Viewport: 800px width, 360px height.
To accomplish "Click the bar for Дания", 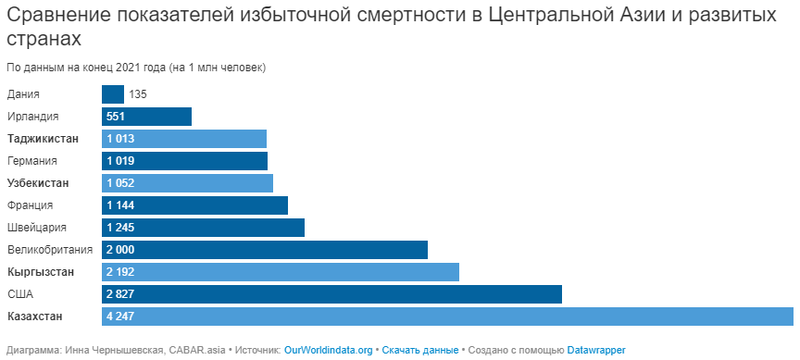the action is [x=113, y=94].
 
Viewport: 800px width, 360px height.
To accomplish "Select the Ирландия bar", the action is [x=146, y=117].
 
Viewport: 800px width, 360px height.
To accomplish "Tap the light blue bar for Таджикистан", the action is [x=184, y=139].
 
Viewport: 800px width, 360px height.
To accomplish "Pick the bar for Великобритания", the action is [x=265, y=250].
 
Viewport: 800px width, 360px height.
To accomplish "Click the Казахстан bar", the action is [x=447, y=317].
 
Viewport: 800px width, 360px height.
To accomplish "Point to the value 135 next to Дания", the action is [x=138, y=94].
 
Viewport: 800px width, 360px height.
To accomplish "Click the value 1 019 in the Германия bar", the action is [x=120, y=161].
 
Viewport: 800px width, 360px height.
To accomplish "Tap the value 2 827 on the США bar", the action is [x=120, y=294].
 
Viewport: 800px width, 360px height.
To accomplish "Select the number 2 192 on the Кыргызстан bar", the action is [x=120, y=272].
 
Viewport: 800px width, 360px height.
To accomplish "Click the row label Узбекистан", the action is [x=38, y=183].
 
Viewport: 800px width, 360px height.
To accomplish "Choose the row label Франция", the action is [x=31, y=205].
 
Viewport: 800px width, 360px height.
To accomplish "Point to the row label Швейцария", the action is [x=37, y=228].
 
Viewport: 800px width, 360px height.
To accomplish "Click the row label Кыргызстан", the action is [x=41, y=272].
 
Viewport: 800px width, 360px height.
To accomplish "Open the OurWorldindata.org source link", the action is [x=328, y=351].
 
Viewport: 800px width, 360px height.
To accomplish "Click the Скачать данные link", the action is [x=419, y=351].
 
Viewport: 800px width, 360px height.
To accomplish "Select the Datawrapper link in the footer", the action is [x=596, y=351].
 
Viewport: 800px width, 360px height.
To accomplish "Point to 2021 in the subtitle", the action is [x=127, y=68].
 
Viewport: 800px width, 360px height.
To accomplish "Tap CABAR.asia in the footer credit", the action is [x=196, y=351].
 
